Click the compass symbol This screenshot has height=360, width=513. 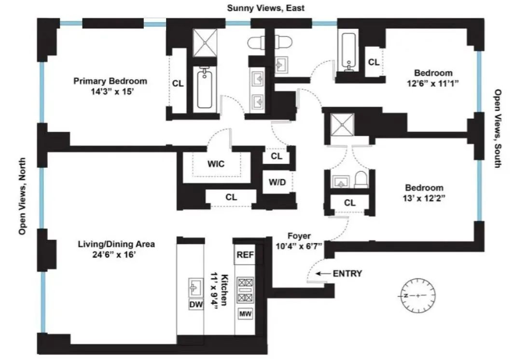(417, 295)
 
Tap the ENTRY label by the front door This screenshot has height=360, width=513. (347, 274)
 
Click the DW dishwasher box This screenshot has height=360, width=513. (196, 305)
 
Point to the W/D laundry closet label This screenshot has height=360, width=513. (277, 183)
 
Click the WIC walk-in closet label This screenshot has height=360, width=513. (216, 164)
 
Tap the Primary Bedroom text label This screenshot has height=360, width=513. (110, 81)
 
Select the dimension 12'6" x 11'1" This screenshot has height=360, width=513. (433, 83)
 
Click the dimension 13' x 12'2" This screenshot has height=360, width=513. (424, 197)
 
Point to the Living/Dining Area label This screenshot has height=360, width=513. (116, 244)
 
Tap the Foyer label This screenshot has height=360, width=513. (299, 236)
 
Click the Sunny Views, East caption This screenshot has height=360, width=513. (266, 8)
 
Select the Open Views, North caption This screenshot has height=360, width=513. (22, 196)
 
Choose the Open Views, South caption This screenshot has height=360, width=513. (498, 128)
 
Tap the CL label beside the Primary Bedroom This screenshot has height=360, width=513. (178, 83)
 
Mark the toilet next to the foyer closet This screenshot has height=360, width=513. (360, 180)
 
